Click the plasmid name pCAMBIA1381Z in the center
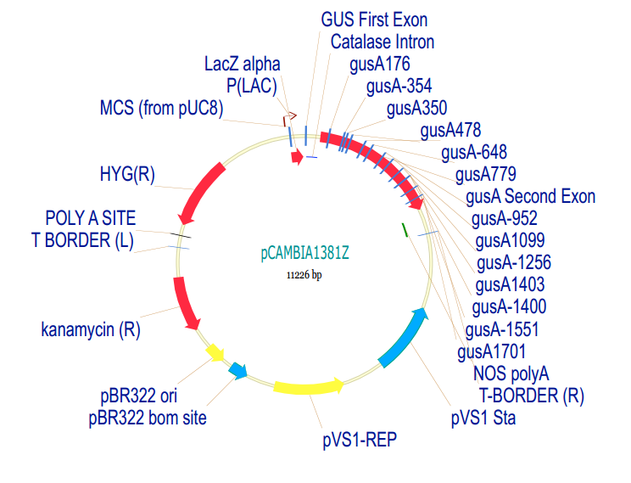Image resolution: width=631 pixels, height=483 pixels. point(304,253)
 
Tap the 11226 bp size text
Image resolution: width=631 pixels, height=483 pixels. point(304,275)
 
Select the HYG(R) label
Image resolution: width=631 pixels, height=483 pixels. point(127,174)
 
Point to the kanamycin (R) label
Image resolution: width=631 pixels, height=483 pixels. point(91,329)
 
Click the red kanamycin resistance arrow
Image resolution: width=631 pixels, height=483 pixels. point(184,303)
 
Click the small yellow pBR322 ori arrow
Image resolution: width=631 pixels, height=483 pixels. point(215,352)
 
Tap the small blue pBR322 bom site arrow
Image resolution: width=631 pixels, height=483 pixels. point(237,370)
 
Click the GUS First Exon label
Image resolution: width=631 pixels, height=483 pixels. point(374,20)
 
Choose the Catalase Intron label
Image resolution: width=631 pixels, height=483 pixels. point(383,42)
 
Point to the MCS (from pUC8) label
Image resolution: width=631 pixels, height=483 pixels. point(161,109)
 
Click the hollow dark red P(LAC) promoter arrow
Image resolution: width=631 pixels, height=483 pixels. point(289,119)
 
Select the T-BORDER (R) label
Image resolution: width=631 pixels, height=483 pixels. point(531,396)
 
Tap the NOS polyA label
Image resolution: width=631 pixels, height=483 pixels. point(511,373)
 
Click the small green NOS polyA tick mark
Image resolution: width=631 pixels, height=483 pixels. point(405,230)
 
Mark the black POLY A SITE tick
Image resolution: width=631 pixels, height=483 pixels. point(180,235)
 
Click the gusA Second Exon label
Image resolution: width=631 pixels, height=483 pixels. point(530,197)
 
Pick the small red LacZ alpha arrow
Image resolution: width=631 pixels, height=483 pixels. point(298,157)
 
